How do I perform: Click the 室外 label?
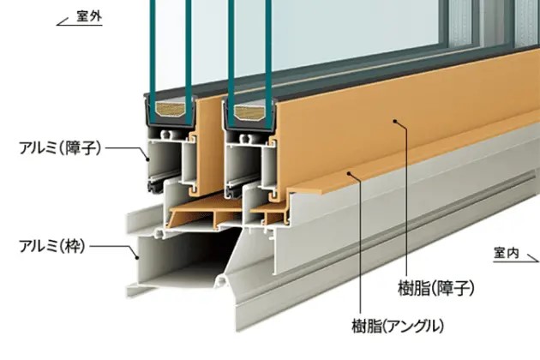88,16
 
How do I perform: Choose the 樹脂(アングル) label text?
401,326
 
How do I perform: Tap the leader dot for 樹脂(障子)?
397,123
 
